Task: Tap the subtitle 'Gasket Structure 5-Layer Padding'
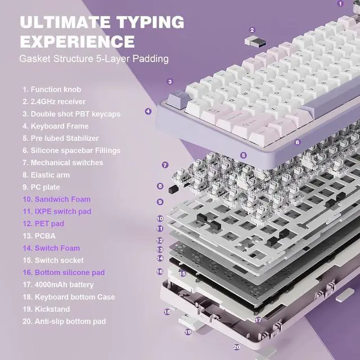(94, 58)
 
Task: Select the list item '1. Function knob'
(52, 89)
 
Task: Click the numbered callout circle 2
(252, 30)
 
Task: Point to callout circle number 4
(148, 111)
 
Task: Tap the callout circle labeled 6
(298, 142)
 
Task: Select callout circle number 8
(160, 186)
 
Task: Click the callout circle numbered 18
(167, 311)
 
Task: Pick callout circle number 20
(237, 347)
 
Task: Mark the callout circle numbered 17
(258, 319)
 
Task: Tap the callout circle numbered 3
(169, 82)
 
